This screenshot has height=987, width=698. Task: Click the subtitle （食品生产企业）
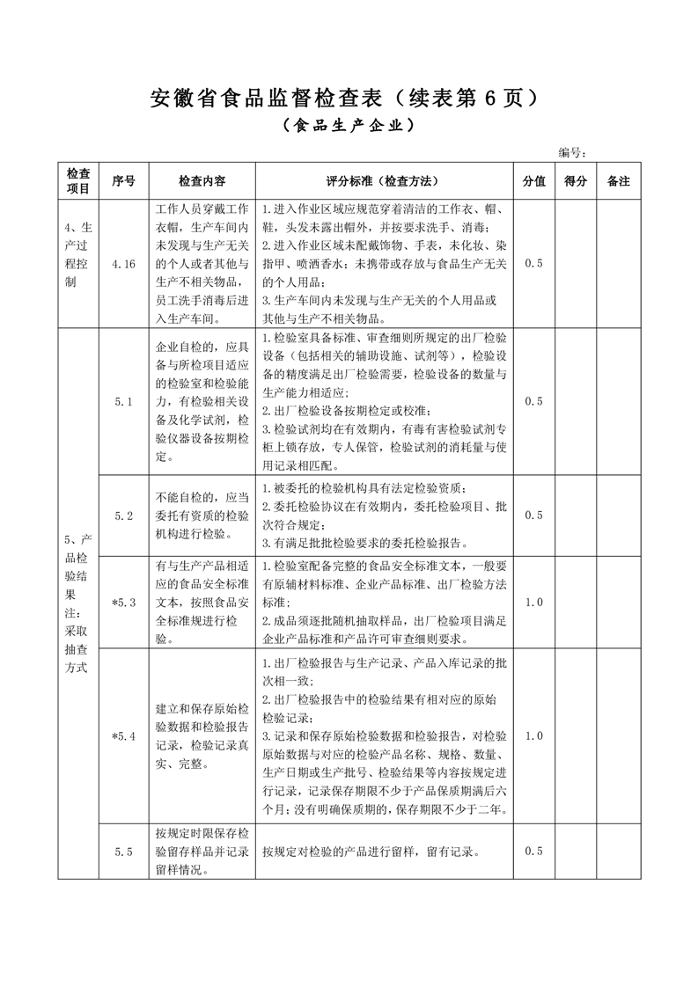tap(349, 126)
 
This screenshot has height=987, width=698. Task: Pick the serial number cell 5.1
tap(123, 401)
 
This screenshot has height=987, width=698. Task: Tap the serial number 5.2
tap(123, 515)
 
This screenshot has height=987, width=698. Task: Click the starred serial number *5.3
tap(123, 603)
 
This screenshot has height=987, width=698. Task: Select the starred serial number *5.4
tap(123, 736)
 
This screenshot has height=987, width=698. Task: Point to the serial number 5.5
tap(123, 852)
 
